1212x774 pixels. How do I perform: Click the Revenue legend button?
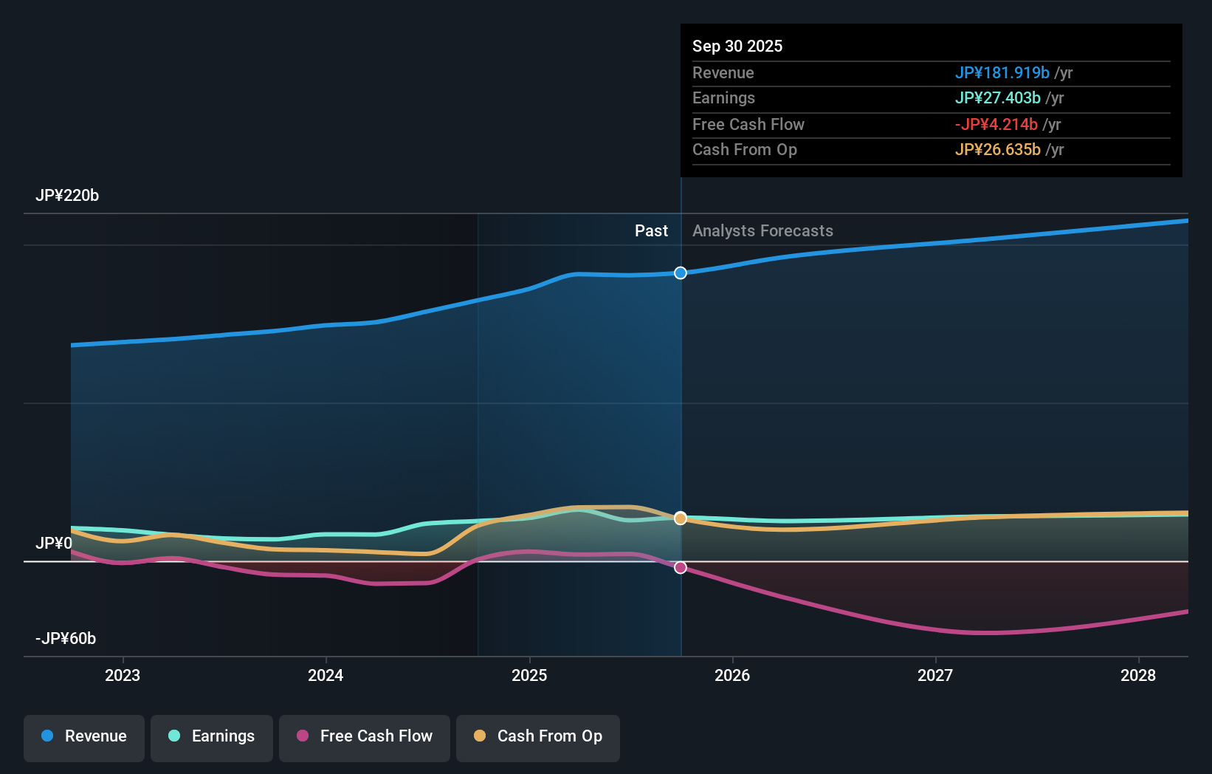pos(84,737)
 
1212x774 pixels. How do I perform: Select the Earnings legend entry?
pos(212,737)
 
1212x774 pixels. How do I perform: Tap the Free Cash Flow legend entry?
pos(365,737)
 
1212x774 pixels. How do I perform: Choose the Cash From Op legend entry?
pos(538,737)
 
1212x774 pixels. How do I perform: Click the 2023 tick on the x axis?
pos(123,675)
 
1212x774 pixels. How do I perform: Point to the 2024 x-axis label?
pos(326,675)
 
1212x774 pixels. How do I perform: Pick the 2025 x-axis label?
pos(529,675)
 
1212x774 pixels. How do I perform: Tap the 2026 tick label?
pos(732,675)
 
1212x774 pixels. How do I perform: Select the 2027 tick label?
pos(935,675)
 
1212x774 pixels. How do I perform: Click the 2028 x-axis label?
pos(1138,675)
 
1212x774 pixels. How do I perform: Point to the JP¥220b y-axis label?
pos(67,196)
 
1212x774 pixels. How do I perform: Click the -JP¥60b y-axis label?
pos(66,639)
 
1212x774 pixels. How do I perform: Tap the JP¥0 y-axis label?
pos(54,544)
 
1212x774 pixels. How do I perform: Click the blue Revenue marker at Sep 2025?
pos(681,273)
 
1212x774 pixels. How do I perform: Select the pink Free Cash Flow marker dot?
pos(681,567)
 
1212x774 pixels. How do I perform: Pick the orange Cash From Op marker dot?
pos(681,518)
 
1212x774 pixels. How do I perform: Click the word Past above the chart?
pos(651,231)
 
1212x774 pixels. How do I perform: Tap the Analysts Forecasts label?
pos(762,231)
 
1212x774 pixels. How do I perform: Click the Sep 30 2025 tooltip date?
pos(737,47)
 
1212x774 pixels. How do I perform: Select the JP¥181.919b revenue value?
pos(1002,73)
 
